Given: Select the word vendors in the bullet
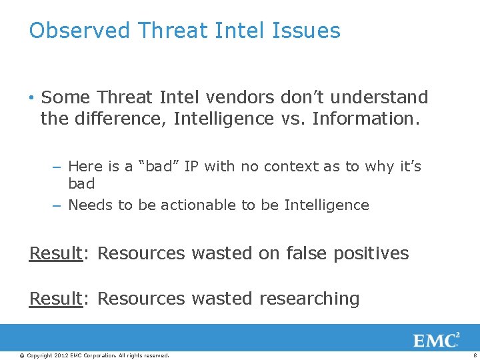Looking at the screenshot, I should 240,97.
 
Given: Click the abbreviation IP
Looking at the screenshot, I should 191,166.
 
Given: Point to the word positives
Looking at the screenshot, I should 376,253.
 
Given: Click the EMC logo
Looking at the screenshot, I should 436,340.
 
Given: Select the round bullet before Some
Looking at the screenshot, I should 32,98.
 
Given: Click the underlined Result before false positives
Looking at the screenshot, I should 55,253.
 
